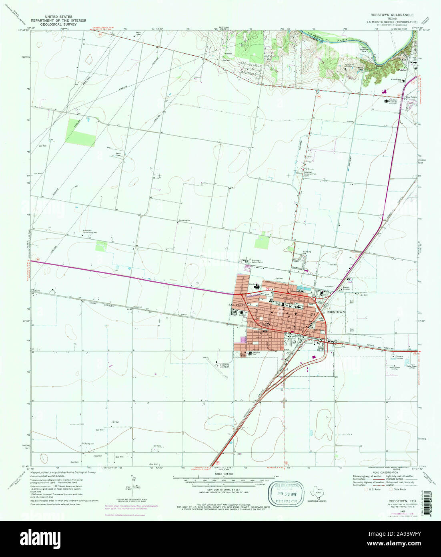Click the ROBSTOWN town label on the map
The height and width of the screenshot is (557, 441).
(335, 311)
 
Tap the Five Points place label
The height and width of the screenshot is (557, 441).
(411, 97)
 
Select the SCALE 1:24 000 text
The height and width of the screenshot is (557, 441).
(223, 474)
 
